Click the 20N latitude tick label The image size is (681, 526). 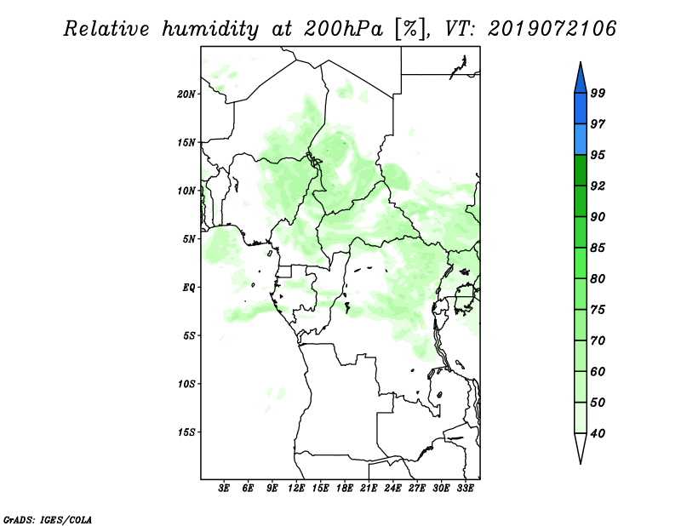pyautogui.click(x=186, y=94)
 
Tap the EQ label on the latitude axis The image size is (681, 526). pyautogui.click(x=188, y=288)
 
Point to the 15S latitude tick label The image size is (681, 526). pyautogui.click(x=186, y=432)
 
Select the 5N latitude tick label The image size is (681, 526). pyautogui.click(x=189, y=239)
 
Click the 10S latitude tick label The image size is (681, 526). pyautogui.click(x=186, y=384)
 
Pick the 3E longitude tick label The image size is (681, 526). pyautogui.click(x=224, y=489)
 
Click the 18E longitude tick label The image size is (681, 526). pyautogui.click(x=345, y=489)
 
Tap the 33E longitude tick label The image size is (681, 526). pyautogui.click(x=465, y=489)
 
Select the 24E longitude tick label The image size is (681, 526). pyautogui.click(x=392, y=489)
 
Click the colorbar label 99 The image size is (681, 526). pyautogui.click(x=598, y=93)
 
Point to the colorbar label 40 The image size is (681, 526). pyautogui.click(x=598, y=433)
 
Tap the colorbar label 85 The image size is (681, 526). pyautogui.click(x=598, y=248)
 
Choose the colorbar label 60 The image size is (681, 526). pyautogui.click(x=598, y=371)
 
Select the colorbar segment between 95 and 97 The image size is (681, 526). pyautogui.click(x=581, y=140)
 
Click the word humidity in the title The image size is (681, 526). pyautogui.click(x=210, y=30)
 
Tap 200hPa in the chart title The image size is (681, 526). pyautogui.click(x=343, y=29)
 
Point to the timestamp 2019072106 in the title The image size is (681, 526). pyautogui.click(x=552, y=29)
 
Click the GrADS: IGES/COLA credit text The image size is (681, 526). pyautogui.click(x=48, y=520)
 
